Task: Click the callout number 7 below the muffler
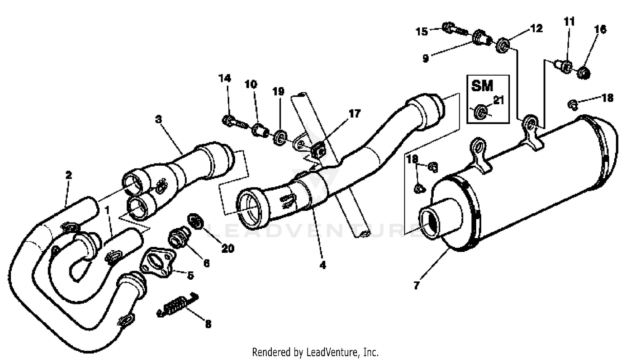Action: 416,286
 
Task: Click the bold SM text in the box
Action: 482,86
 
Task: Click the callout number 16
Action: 600,29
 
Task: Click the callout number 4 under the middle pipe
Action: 323,266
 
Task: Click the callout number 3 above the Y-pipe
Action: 158,119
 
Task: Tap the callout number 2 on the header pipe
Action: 69,175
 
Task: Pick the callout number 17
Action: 355,114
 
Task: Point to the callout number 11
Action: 569,21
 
